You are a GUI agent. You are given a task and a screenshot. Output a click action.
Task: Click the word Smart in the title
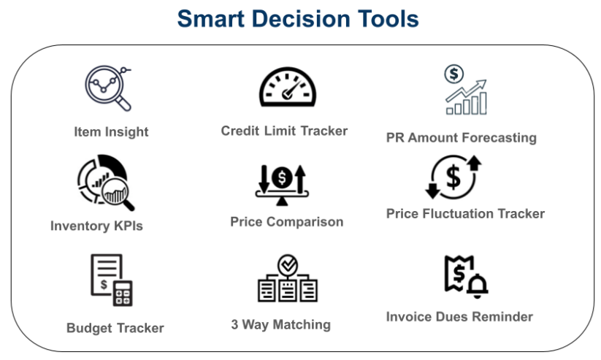pyautogui.click(x=211, y=19)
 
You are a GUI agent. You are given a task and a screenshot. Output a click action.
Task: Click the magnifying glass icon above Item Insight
pyautogui.click(x=107, y=88)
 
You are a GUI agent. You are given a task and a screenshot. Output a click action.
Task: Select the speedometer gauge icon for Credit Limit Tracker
pyautogui.click(x=288, y=88)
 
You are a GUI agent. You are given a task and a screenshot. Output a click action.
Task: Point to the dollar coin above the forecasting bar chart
pyautogui.click(x=453, y=74)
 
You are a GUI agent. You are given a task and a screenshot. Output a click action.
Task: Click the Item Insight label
pyautogui.click(x=111, y=132)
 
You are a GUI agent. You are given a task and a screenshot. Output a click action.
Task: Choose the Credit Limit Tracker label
pyautogui.click(x=284, y=131)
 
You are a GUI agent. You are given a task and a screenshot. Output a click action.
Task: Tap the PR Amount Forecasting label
pyautogui.click(x=462, y=137)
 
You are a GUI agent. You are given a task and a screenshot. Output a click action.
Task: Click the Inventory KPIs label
pyautogui.click(x=96, y=226)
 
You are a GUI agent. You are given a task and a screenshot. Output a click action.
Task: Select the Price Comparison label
pyautogui.click(x=287, y=221)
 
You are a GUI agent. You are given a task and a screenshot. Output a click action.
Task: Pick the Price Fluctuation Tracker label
pyautogui.click(x=465, y=213)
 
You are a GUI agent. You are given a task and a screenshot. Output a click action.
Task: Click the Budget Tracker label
pyautogui.click(x=115, y=328)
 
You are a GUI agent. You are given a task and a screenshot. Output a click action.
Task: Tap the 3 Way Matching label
pyautogui.click(x=281, y=325)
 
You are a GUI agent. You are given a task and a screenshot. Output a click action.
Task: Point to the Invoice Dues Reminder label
pyautogui.click(x=459, y=317)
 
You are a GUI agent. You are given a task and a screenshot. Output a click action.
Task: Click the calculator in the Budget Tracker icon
pyautogui.click(x=123, y=294)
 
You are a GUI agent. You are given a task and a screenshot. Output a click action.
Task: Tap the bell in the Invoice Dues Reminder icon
pyautogui.click(x=477, y=286)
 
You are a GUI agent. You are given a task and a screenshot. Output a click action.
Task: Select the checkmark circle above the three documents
pyautogui.click(x=288, y=265)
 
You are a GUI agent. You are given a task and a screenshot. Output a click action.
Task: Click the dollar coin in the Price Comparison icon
pyautogui.click(x=282, y=177)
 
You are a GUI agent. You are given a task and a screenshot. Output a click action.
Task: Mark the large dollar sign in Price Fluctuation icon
pyautogui.click(x=453, y=177)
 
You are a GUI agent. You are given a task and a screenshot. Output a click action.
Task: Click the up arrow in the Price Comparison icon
pyautogui.click(x=301, y=179)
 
